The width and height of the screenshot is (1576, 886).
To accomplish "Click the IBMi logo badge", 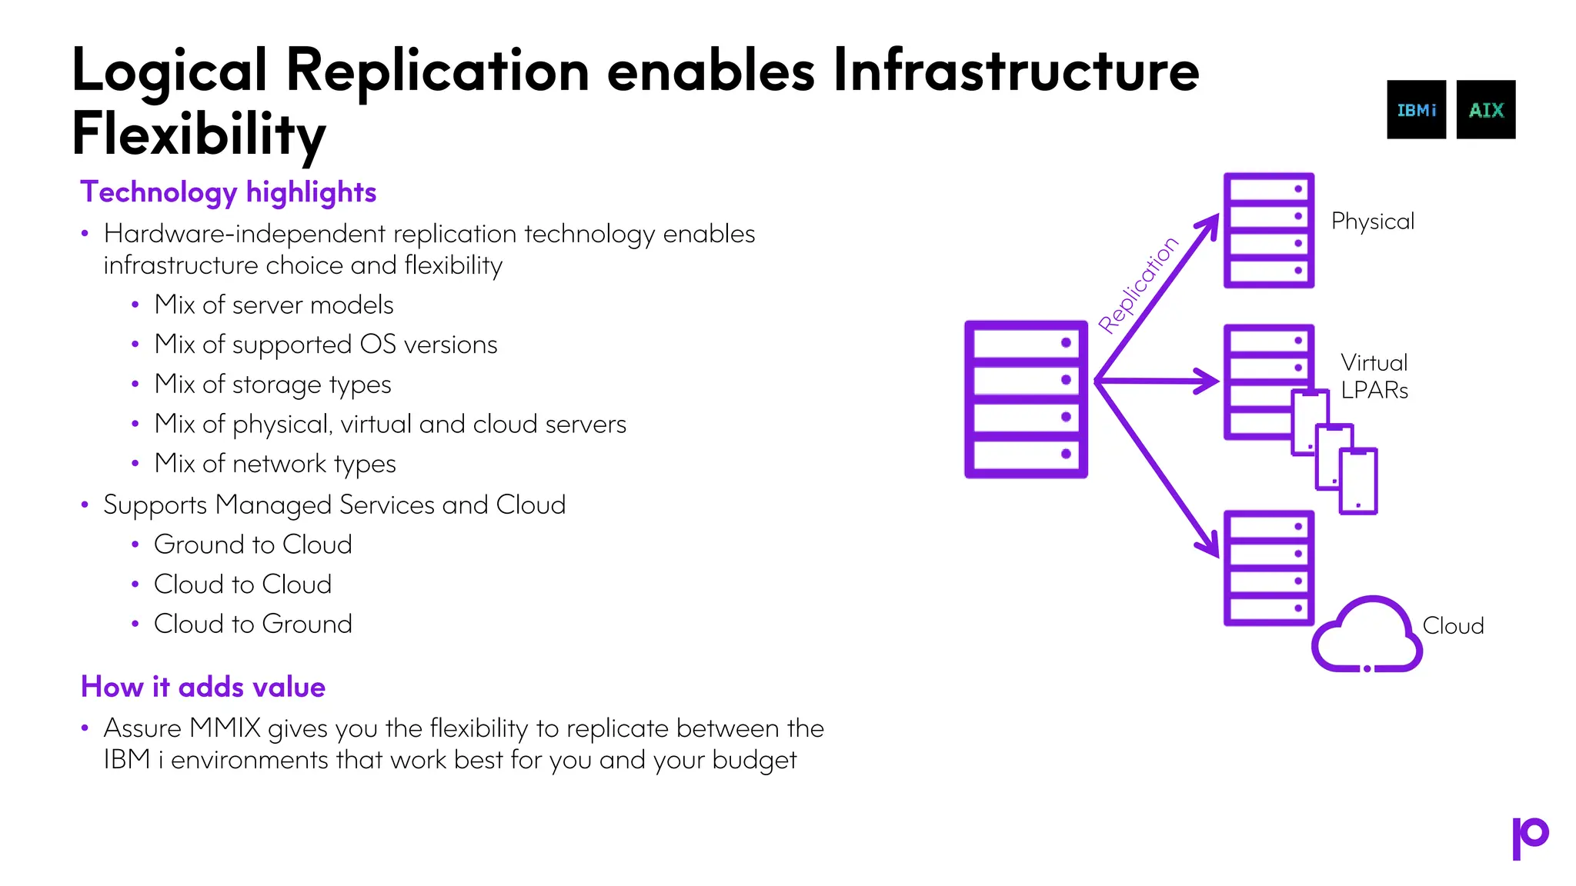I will click(x=1416, y=110).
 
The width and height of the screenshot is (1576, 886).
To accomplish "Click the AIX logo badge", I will click(x=1485, y=110).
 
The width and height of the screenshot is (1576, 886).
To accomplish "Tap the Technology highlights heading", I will click(x=229, y=192).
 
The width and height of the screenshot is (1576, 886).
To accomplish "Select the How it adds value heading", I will click(x=203, y=687).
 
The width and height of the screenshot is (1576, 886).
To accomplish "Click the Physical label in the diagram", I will click(x=1373, y=221).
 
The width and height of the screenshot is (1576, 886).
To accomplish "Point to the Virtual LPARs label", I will click(x=1374, y=377).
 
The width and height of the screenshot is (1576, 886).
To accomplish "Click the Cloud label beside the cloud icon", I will click(x=1453, y=626).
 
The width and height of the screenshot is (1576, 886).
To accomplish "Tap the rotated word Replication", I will click(x=1137, y=285).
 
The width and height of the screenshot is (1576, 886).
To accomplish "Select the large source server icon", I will click(x=1026, y=399).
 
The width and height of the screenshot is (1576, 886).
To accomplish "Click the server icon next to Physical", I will click(x=1268, y=230).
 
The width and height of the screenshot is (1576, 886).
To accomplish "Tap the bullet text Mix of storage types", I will click(x=272, y=385).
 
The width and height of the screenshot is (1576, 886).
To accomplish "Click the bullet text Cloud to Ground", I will click(x=252, y=624).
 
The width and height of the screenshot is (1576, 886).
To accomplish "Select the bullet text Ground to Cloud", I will click(x=252, y=545).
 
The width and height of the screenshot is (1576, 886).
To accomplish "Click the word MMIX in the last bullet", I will click(x=225, y=728).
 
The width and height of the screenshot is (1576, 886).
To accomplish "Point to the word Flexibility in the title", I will click(x=199, y=134).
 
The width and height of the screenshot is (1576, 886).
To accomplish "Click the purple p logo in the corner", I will click(x=1529, y=838).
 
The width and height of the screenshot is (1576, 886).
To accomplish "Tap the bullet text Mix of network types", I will click(x=275, y=464).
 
